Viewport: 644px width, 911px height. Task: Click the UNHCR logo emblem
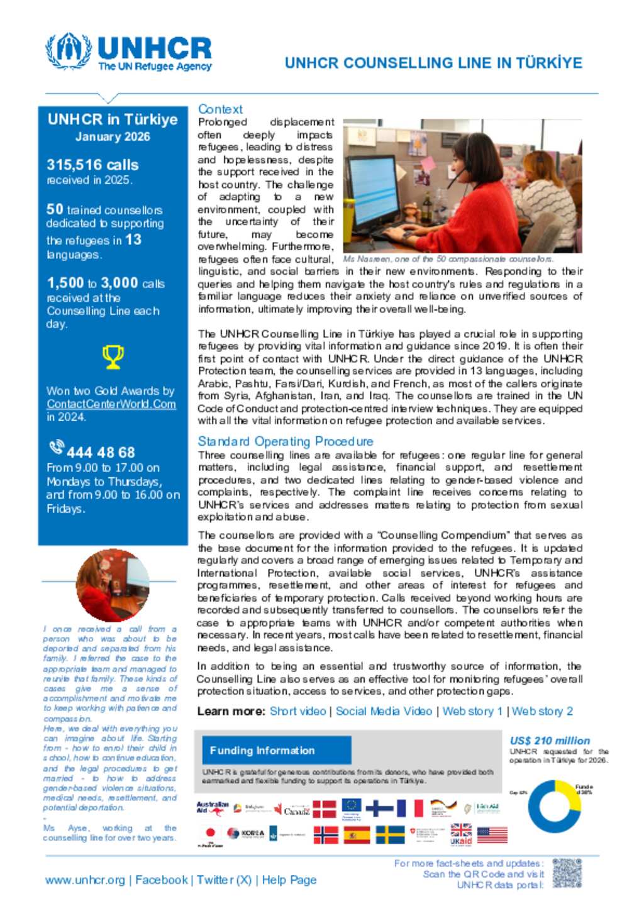click(x=69, y=51)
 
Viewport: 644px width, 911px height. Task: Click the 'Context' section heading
click(x=220, y=109)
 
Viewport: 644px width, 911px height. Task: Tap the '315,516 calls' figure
click(x=92, y=165)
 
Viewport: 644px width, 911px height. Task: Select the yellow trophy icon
click(x=113, y=356)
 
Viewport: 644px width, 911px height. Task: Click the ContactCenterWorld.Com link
click(x=111, y=404)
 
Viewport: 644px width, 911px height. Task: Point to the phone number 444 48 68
click(x=101, y=452)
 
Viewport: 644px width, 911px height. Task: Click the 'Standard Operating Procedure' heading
click(x=286, y=441)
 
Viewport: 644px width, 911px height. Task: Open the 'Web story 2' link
click(x=542, y=711)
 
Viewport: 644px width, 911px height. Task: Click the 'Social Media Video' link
click(x=384, y=711)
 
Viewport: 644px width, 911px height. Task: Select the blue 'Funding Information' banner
click(x=276, y=750)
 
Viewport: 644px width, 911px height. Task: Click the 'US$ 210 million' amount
click(x=550, y=741)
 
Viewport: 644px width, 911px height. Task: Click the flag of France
click(x=409, y=809)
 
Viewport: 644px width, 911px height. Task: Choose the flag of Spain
click(x=357, y=835)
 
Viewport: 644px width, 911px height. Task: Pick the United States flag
click(x=492, y=835)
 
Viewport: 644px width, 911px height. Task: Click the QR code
click(x=567, y=874)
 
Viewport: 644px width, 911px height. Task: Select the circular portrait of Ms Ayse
click(x=113, y=585)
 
